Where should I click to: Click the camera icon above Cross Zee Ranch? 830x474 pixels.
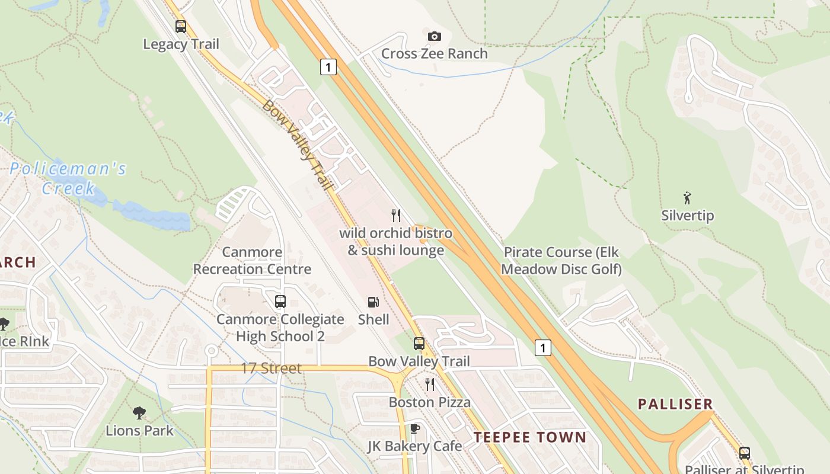pos(435,37)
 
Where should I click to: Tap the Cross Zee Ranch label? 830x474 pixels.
pos(434,53)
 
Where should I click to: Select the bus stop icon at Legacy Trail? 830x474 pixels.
pos(181,27)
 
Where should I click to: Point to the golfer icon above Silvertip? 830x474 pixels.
pos(687,198)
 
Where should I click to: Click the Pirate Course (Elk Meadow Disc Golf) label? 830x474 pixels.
pos(561,261)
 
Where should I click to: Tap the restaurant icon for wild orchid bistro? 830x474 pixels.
pos(396,215)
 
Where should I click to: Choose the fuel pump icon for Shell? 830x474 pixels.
pos(373,302)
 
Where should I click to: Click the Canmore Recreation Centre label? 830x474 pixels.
pos(252,261)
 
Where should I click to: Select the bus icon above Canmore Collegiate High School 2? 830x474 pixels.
pos(280,302)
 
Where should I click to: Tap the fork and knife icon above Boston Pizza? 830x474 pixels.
pos(430,385)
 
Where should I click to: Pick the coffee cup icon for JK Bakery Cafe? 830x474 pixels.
pos(414,428)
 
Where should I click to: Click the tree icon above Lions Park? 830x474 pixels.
pos(139,412)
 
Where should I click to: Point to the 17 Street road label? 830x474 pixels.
pos(271,368)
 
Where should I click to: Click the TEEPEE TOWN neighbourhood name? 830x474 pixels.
pos(529,438)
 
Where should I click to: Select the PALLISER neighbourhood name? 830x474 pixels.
pos(675,404)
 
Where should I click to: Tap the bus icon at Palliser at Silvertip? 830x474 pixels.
pos(745,453)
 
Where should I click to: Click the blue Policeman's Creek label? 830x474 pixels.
pos(68,178)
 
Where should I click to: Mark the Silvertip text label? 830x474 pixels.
pos(687,216)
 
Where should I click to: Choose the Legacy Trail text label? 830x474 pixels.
pos(181,44)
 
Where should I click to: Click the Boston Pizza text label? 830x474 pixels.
pos(429,402)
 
